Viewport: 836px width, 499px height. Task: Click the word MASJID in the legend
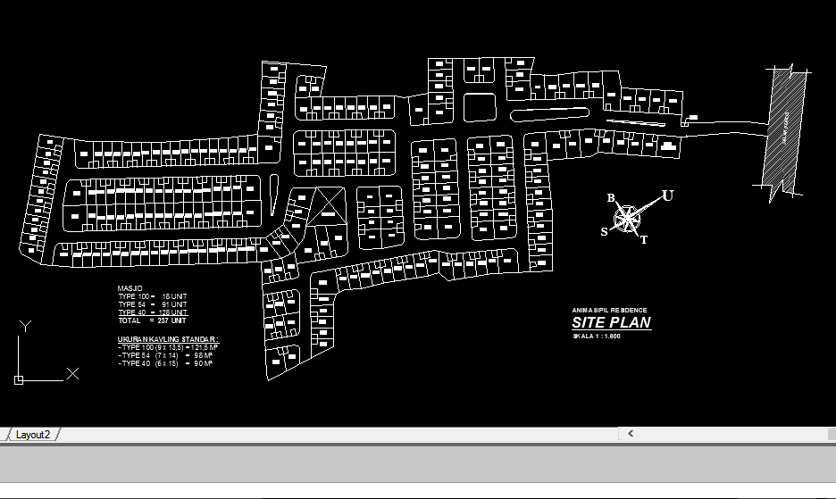pyautogui.click(x=130, y=287)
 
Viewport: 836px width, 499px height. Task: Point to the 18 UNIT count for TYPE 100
pyautogui.click(x=174, y=295)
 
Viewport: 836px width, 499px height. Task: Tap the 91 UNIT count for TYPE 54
pyautogui.click(x=174, y=304)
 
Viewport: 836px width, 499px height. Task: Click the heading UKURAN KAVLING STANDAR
pyautogui.click(x=168, y=340)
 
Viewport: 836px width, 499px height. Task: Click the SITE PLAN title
pyautogui.click(x=611, y=323)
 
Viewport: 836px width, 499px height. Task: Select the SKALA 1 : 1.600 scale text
pyautogui.click(x=597, y=337)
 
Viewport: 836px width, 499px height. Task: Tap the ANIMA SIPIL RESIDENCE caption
pyautogui.click(x=610, y=310)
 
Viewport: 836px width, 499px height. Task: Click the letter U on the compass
pyautogui.click(x=667, y=195)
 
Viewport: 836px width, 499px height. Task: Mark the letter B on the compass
pyautogui.click(x=611, y=198)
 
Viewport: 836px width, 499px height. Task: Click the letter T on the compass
pyautogui.click(x=645, y=239)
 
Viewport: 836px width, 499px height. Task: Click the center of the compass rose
pyautogui.click(x=629, y=217)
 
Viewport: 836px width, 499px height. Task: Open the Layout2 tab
pyautogui.click(x=32, y=434)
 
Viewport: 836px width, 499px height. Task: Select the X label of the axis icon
pyautogui.click(x=73, y=373)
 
